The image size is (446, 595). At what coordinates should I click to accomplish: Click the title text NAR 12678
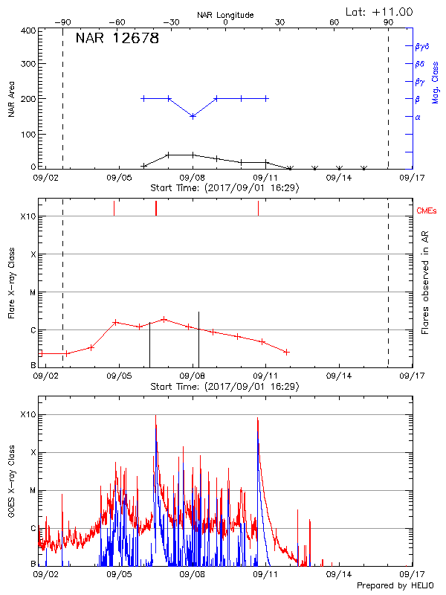117,39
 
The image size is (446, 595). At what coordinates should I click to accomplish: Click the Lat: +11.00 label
380,11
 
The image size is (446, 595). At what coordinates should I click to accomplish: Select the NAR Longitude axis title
225,14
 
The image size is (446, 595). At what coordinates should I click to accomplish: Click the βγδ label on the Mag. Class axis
421,46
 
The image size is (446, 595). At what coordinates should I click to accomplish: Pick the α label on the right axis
418,117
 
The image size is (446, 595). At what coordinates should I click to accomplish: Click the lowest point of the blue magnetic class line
193,116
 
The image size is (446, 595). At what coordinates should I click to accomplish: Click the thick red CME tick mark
156,208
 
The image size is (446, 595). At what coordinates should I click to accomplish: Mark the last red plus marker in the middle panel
287,352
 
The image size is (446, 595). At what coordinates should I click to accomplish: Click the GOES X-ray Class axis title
11,487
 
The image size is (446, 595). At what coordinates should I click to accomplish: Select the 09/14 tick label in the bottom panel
339,574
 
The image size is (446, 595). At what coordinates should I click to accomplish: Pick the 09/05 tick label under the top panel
120,178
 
